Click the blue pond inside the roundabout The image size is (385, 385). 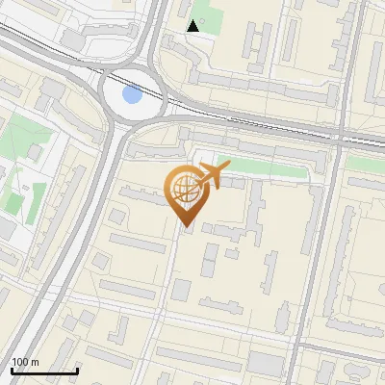coord(132,94)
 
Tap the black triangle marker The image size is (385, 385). coord(193,26)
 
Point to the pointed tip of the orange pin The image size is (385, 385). coord(187,227)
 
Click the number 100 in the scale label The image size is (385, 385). coord(20,362)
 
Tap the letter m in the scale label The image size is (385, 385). coord(35,362)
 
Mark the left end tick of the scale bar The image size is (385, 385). coord(11,370)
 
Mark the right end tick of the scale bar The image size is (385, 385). coord(77,370)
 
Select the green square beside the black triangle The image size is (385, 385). coord(211,19)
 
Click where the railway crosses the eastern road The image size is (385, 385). coord(342,134)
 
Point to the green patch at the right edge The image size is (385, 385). coord(371,165)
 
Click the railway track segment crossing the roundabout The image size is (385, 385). coord(135,81)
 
